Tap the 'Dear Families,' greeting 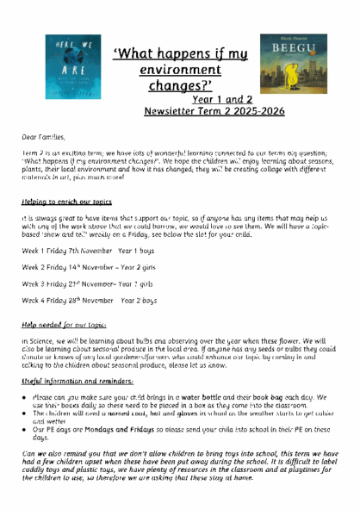tap(44, 135)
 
